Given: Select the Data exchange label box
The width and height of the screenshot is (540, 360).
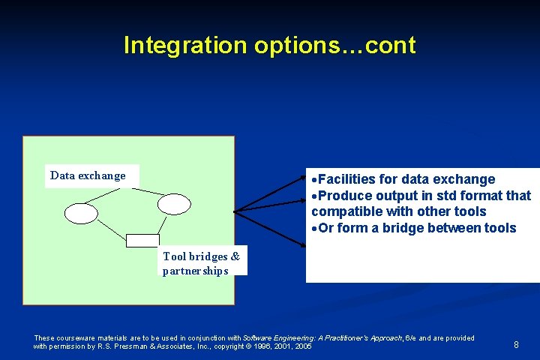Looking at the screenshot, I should (x=88, y=175).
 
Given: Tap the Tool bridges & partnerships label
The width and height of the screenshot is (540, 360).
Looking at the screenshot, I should (x=201, y=263).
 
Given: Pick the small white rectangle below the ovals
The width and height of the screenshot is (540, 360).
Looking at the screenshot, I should (x=142, y=240).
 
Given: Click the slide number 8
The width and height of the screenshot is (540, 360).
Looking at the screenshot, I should (x=516, y=344).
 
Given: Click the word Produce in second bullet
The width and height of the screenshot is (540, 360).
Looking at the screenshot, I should (x=348, y=196).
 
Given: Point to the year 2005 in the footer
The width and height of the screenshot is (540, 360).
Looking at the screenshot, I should (x=303, y=346).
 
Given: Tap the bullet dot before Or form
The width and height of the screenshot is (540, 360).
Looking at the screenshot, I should (x=315, y=228).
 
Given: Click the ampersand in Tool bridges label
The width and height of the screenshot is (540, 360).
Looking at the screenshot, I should (x=235, y=256).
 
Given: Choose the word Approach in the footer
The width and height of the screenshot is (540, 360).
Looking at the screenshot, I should (x=385, y=338).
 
